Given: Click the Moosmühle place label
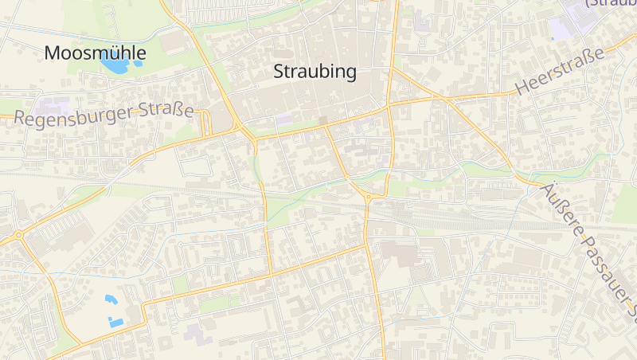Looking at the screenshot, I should (x=95, y=53).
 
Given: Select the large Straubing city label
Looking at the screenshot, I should (x=315, y=71).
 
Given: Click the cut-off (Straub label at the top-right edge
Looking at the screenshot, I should (x=611, y=3).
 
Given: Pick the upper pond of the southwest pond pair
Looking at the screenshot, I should (x=110, y=299).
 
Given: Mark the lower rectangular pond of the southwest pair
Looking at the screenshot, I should (x=116, y=323).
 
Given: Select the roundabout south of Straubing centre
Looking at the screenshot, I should (x=368, y=198).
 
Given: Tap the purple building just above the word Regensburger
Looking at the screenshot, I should (x=53, y=105).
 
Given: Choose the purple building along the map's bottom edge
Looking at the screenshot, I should (x=198, y=333).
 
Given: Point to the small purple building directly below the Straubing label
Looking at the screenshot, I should (x=284, y=119).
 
